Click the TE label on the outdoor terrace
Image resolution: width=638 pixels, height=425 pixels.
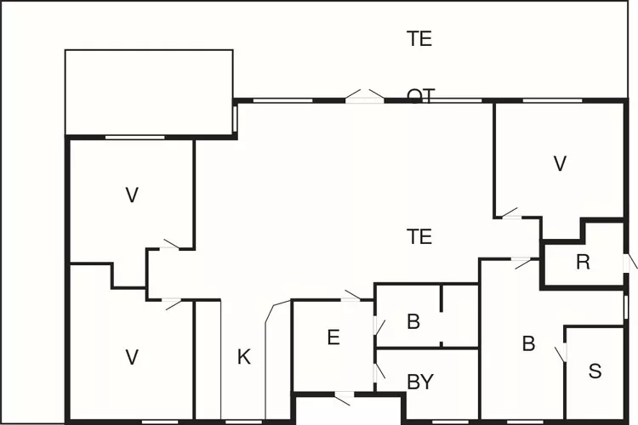(419, 38)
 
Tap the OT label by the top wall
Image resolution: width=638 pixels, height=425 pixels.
(420, 95)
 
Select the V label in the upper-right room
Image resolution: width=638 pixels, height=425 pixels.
(559, 164)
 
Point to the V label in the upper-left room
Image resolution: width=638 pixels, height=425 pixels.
(132, 195)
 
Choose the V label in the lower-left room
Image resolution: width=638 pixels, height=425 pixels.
(132, 358)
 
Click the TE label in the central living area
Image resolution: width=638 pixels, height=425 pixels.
(419, 237)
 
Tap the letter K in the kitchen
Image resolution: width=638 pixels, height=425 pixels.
(244, 358)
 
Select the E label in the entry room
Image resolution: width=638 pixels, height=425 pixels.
(333, 337)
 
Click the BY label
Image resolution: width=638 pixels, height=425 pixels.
(420, 382)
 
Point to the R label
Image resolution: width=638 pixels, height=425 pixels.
(583, 262)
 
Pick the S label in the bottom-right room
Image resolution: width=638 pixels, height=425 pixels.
(595, 371)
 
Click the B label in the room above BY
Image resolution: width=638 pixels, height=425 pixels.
(413, 322)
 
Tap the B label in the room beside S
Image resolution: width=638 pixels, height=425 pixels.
(528, 344)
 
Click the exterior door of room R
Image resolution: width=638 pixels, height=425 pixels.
(630, 262)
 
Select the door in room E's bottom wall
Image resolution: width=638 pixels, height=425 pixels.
(343, 394)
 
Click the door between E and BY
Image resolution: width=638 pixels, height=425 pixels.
(376, 373)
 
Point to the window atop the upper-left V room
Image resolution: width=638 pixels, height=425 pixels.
(134, 137)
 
